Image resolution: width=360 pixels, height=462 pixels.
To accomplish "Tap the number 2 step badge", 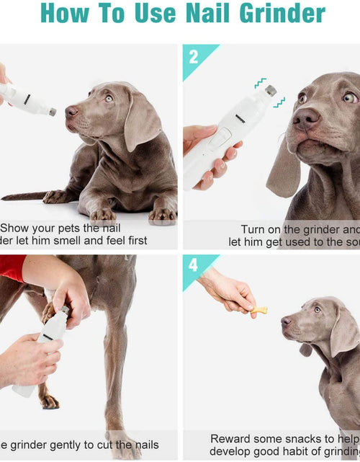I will click(194, 57).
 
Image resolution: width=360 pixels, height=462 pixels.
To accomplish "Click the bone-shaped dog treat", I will click(259, 310).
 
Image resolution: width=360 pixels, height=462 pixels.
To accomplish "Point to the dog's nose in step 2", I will click(306, 117).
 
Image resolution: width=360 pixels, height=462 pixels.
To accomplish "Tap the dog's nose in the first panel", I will click(71, 111).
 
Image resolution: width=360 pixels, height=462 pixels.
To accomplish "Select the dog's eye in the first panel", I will click(108, 99).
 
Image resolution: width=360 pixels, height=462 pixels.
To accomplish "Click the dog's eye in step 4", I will click(318, 309).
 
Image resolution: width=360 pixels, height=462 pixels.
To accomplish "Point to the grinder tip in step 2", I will click(270, 91).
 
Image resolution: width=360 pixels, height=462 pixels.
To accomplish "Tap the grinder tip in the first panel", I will click(52, 112).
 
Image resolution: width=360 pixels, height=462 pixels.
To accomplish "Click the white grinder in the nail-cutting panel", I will click(45, 352).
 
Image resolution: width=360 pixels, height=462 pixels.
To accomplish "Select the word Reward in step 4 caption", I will click(232, 438).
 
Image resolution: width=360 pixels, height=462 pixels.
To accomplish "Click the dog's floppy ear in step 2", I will click(283, 169).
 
